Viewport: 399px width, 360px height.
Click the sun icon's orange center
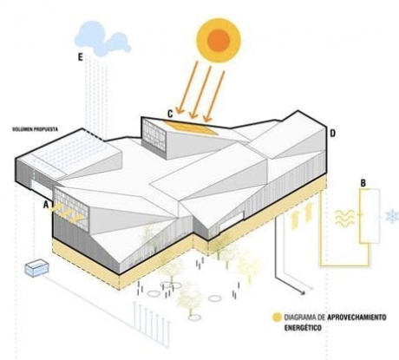click(x=219, y=40)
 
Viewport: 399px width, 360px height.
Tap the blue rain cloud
click(x=102, y=39)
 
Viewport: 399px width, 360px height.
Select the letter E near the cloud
click(x=80, y=57)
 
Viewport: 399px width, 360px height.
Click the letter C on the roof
click(x=170, y=115)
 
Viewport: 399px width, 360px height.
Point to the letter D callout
click(x=333, y=134)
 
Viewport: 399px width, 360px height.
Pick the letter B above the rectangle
click(x=363, y=183)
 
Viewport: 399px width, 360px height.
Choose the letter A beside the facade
click(x=46, y=205)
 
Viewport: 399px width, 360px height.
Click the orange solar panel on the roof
click(x=191, y=128)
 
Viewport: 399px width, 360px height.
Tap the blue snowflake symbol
click(x=392, y=217)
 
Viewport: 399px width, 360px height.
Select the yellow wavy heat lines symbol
click(x=344, y=218)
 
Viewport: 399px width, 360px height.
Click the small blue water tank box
click(x=36, y=269)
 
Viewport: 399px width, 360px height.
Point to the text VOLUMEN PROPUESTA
click(x=35, y=129)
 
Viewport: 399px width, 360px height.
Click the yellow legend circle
click(x=277, y=317)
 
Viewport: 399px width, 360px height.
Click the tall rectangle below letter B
click(x=370, y=216)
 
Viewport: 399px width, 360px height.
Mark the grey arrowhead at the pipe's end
click(x=303, y=293)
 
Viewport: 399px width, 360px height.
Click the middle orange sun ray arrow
click(x=200, y=92)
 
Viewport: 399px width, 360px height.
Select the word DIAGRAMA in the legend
click(x=298, y=317)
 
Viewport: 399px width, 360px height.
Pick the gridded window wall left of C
click(x=154, y=135)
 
